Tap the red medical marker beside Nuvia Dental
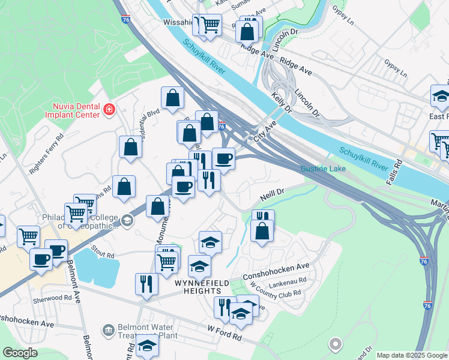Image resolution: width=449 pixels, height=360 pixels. pos(109,109)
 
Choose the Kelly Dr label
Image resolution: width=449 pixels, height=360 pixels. pos(280,103)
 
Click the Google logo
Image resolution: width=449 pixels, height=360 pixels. pos(20,353)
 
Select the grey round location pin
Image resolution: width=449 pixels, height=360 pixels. pos(336,344)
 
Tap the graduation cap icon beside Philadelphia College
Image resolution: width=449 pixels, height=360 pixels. pos(127,221)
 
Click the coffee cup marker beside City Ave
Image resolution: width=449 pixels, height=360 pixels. pos(223,160)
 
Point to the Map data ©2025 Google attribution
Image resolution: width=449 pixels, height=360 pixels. pos(412,355)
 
